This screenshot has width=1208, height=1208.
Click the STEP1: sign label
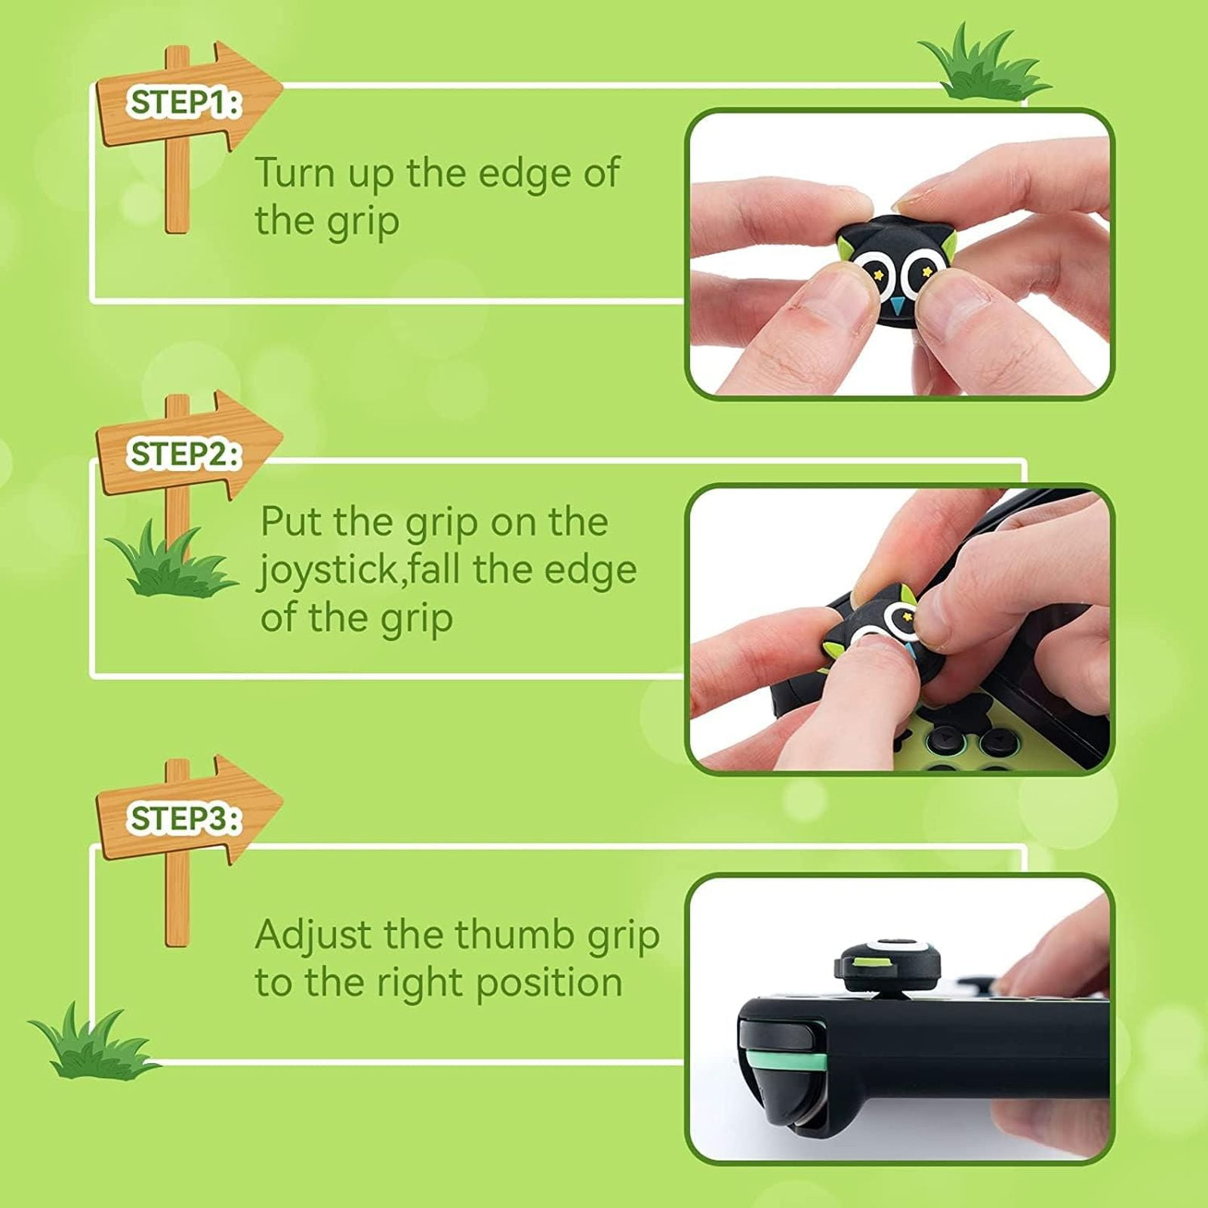click(x=184, y=103)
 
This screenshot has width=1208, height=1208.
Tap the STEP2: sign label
click(x=184, y=455)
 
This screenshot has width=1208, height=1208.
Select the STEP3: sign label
click(x=184, y=818)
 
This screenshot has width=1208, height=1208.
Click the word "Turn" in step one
click(x=295, y=173)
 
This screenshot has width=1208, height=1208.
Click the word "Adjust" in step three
click(x=314, y=936)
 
